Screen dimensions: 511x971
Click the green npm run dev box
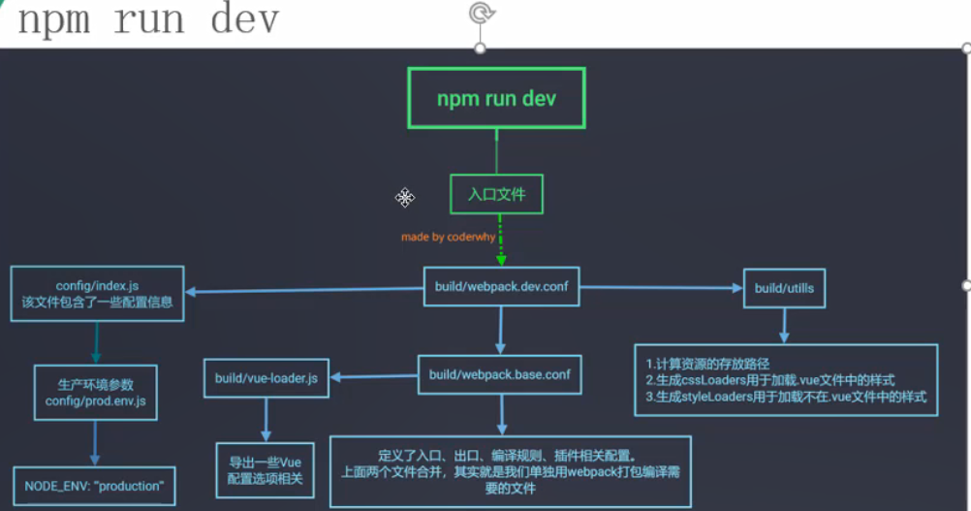pos(496,99)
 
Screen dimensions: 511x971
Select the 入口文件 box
pos(496,194)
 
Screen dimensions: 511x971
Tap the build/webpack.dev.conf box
pos(501,287)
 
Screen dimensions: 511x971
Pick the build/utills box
pos(785,288)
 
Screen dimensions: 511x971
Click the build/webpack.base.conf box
pos(500,374)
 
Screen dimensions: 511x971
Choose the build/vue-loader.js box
pos(266,378)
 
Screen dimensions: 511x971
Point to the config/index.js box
pos(96,294)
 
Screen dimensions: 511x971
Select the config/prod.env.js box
pos(95,393)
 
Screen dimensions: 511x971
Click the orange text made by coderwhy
pos(447,237)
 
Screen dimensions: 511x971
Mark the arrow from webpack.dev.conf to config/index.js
pos(305,289)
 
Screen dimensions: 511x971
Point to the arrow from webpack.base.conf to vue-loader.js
pos(374,376)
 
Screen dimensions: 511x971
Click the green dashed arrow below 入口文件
pos(500,242)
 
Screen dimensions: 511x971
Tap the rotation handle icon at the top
pos(480,13)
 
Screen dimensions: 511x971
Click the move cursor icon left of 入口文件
pos(405,197)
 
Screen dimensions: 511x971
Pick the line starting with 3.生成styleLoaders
pos(786,397)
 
